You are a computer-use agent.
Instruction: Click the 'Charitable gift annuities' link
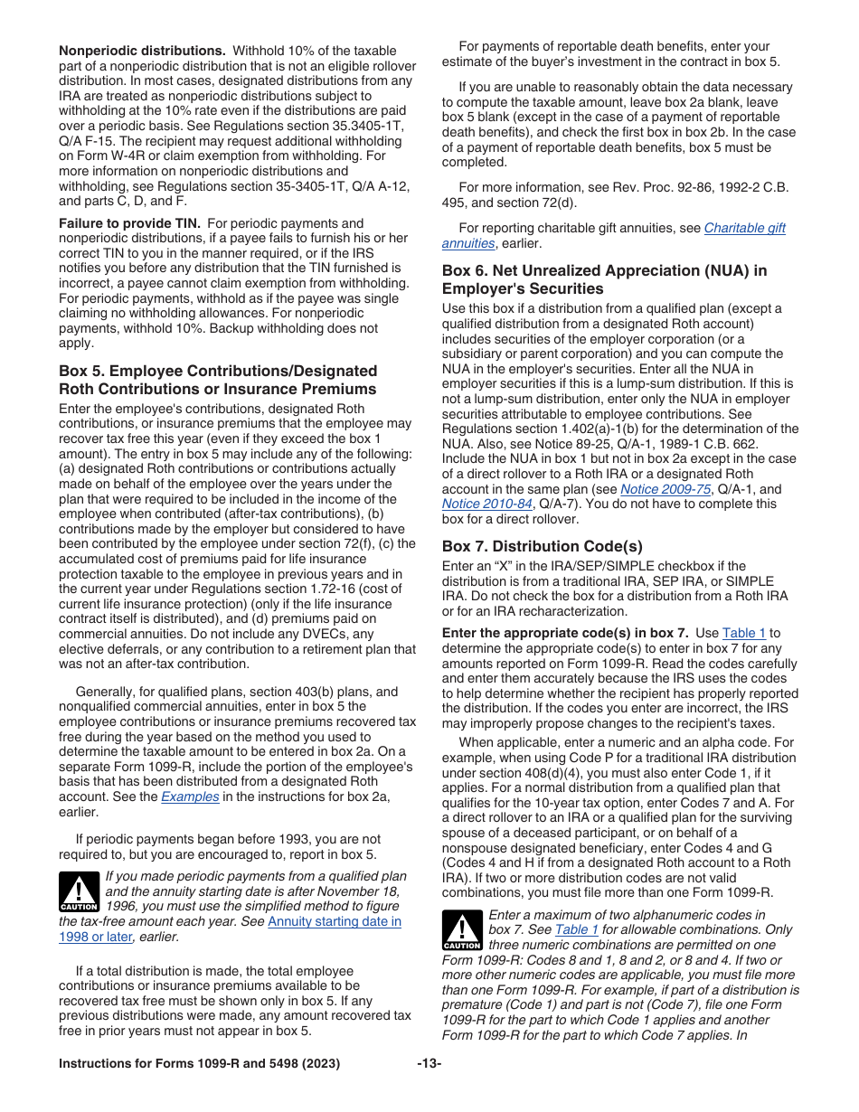coord(744,229)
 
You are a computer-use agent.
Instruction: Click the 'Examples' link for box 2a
coord(190,796)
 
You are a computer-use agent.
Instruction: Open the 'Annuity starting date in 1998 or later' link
coord(335,921)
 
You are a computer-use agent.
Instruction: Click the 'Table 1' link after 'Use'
coord(744,633)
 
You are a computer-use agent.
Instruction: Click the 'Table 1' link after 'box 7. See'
coord(576,929)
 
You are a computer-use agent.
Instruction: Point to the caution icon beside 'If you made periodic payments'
coord(79,891)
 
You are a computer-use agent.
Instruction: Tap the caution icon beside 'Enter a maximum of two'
coord(462,930)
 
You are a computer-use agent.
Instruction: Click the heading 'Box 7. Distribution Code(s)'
coord(542,546)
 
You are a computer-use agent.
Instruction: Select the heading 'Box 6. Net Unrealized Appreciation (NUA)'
coord(604,279)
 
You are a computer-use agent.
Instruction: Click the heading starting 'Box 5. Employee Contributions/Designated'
coord(217,380)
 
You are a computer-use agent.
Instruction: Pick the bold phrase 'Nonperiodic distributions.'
coord(142,51)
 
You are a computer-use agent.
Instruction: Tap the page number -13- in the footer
coord(429,1064)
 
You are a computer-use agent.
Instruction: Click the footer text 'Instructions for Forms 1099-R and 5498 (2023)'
coord(199,1064)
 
